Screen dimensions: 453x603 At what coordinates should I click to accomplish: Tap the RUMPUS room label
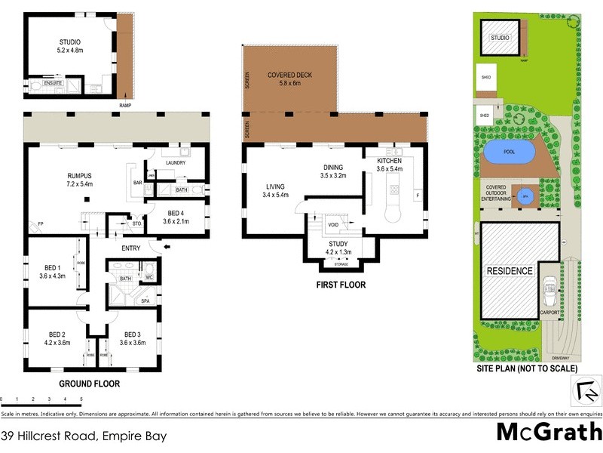(79, 175)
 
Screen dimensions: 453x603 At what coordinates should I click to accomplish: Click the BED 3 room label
(133, 334)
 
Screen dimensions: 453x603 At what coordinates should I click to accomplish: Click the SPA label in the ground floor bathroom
(145, 300)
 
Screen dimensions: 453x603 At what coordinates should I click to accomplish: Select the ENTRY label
(131, 248)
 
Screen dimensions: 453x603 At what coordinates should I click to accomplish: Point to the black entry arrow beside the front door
(167, 246)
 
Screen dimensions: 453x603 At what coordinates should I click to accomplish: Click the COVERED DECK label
(290, 75)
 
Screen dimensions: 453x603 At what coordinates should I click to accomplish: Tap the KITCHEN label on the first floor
(389, 161)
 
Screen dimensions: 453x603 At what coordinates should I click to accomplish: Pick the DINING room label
(332, 168)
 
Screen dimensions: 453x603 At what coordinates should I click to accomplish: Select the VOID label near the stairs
(333, 225)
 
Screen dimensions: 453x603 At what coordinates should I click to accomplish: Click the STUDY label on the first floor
(337, 243)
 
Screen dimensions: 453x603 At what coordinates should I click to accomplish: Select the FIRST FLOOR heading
(341, 285)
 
